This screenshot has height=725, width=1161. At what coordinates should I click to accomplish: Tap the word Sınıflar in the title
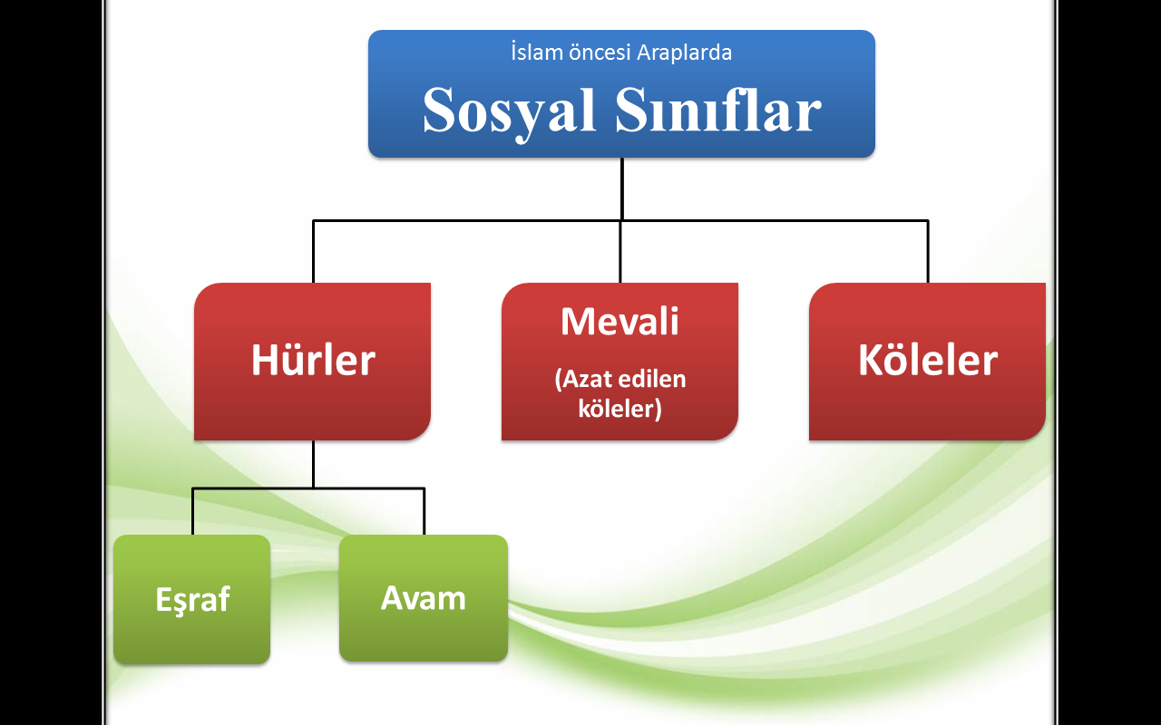[718, 109]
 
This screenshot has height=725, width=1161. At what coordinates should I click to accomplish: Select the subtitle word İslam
[537, 53]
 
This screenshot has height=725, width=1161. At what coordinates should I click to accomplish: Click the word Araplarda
[684, 53]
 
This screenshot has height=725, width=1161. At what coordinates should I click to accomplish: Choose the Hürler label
[313, 360]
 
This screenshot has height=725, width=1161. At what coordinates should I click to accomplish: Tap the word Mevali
[620, 321]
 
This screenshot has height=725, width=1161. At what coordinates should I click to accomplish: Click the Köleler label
[928, 360]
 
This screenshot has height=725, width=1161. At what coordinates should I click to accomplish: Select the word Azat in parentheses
[583, 379]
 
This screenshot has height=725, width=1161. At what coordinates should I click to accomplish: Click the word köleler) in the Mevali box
[620, 409]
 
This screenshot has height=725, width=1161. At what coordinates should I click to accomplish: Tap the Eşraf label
[192, 600]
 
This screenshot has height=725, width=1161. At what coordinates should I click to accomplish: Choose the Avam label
[423, 598]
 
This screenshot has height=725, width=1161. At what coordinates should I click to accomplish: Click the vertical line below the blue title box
[621, 189]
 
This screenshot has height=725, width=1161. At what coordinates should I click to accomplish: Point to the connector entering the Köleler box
[928, 252]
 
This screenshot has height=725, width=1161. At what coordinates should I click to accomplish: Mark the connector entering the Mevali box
[620, 252]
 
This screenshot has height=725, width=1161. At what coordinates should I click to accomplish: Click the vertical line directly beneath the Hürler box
[313, 464]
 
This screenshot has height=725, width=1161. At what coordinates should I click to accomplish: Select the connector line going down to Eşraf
[192, 511]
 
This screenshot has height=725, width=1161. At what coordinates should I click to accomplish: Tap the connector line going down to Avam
[424, 511]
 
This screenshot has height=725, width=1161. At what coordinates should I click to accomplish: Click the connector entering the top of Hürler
[313, 252]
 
